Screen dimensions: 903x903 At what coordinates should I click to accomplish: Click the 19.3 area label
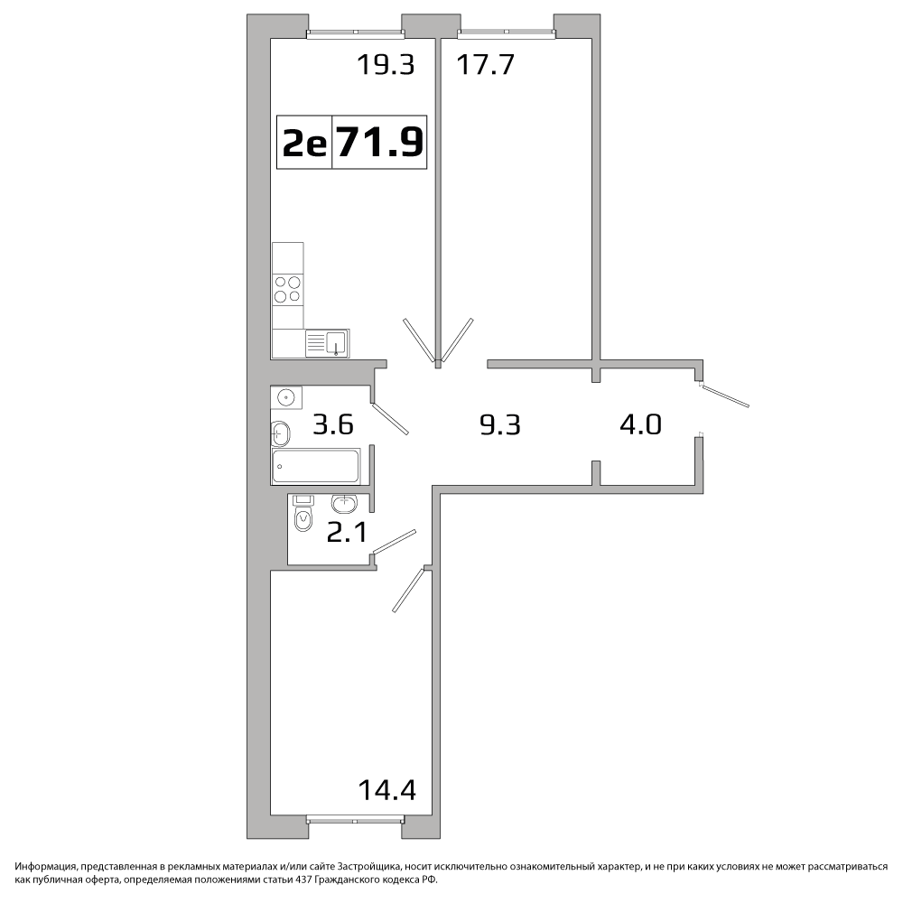coord(386,64)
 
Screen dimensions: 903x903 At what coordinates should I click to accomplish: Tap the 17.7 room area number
coord(485,64)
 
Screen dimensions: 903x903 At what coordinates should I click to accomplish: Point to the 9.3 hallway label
coord(500,425)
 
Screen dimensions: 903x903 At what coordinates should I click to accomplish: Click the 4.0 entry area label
coord(640,424)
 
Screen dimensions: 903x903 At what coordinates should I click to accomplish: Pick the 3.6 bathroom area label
coord(333,425)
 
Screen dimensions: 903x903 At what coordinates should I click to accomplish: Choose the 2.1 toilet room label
coord(347,532)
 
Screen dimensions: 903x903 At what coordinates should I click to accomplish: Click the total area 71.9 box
coord(379,143)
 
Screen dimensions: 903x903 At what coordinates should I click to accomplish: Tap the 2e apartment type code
coord(304,143)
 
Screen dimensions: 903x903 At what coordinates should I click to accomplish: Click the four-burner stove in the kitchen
coord(288,289)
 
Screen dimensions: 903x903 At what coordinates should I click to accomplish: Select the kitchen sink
coord(327,343)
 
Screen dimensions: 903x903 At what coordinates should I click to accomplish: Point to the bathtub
coord(316,466)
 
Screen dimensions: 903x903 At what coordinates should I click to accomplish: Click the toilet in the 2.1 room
coord(303,513)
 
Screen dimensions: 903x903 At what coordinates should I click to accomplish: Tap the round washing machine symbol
coord(286,397)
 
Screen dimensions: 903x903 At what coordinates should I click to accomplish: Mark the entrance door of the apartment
coord(724,396)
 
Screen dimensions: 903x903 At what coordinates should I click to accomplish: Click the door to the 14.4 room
coord(410,590)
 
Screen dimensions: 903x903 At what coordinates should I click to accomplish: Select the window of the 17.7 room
coord(507,34)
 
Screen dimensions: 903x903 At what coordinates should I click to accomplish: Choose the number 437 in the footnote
coord(303,880)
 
